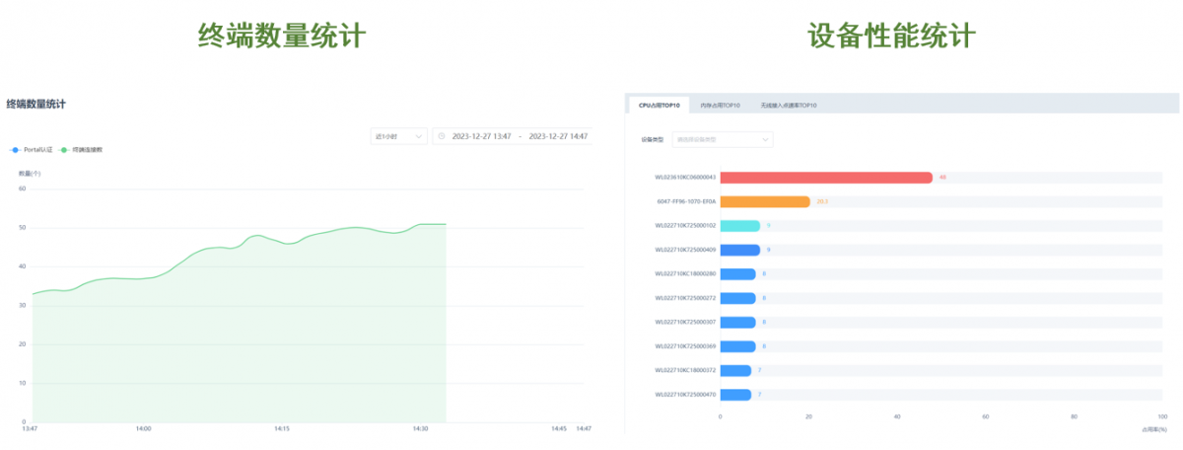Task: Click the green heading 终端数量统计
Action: pos(282,37)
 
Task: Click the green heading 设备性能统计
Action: pos(891,37)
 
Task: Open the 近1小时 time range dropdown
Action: pos(398,136)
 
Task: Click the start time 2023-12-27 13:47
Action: pos(481,136)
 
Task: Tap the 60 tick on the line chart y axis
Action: pos(22,188)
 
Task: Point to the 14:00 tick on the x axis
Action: pos(144,429)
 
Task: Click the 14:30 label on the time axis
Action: pos(420,429)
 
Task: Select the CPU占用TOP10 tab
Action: pos(659,105)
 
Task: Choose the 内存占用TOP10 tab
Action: pos(720,105)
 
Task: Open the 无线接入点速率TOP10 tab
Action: pos(788,105)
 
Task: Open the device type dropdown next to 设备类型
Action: pos(722,140)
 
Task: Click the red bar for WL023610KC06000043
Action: pos(826,178)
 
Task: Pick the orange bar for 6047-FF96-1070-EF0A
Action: pos(765,201)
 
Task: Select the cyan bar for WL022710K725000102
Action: pos(739,226)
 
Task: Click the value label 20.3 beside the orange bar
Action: pos(823,201)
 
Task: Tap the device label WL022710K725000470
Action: pos(685,395)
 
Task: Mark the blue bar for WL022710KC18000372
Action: pos(735,371)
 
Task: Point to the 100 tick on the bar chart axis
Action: pos(1161,417)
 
